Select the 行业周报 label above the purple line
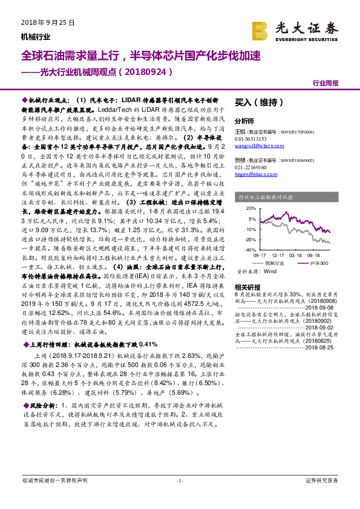click(326, 83)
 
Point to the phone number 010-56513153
click(252, 138)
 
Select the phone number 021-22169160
click(252, 166)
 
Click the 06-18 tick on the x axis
click(312, 256)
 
